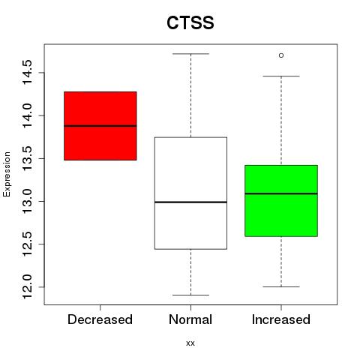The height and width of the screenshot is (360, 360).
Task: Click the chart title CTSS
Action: (x=190, y=22)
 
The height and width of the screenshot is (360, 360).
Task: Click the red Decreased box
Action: (x=100, y=126)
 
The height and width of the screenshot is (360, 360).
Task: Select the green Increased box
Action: (x=281, y=201)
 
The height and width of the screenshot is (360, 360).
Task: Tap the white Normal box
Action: (x=190, y=193)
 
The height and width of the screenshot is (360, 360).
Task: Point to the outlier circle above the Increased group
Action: (x=281, y=55)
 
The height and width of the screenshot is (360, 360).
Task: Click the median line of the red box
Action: (x=100, y=126)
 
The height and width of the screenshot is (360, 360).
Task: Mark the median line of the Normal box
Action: (x=190, y=202)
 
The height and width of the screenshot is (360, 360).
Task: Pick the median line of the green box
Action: (x=281, y=193)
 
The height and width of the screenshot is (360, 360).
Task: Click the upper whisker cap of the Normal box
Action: (x=190, y=54)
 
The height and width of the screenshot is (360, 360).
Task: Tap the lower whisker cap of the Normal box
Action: (x=190, y=295)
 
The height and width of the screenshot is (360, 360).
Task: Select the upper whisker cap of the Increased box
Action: (x=281, y=76)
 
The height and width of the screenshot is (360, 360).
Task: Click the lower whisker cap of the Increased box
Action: (x=281, y=286)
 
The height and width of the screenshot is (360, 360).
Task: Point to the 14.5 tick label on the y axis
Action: (x=27, y=73)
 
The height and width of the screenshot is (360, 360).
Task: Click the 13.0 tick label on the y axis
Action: (x=27, y=201)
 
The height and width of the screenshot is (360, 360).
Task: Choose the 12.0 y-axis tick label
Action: (x=27, y=286)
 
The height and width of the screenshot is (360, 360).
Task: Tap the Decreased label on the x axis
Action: (x=100, y=319)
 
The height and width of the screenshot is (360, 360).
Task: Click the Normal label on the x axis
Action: (x=190, y=319)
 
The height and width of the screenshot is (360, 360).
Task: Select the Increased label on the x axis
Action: (x=281, y=319)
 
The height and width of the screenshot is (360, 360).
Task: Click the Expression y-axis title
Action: (x=7, y=174)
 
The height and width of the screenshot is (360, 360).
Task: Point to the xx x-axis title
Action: (x=190, y=343)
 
